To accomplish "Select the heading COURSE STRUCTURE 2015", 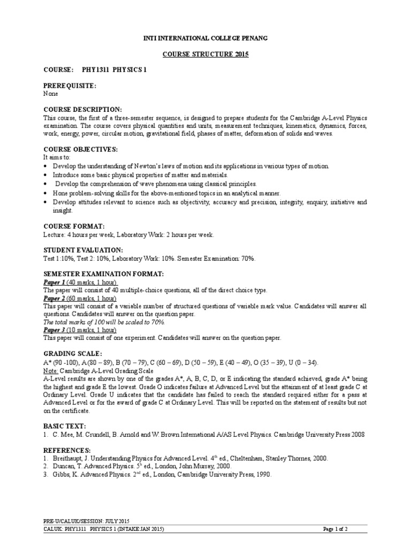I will pos(206,55).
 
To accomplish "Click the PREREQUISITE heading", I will pos(70,86).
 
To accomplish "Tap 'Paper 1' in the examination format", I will pos(54,282).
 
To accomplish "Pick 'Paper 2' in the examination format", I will pos(54,298).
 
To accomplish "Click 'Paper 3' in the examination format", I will pos(54,330).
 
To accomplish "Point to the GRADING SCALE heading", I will pos(72,354).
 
